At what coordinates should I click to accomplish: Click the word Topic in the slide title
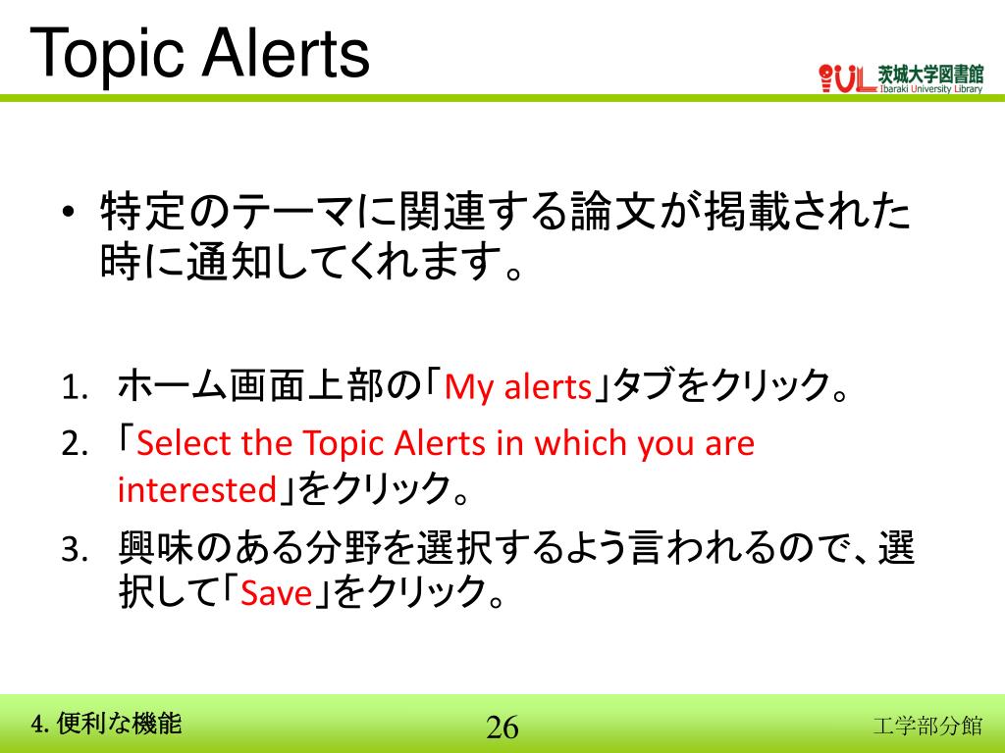tap(106, 54)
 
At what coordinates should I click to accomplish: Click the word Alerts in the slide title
tap(285, 54)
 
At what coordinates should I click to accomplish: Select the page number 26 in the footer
tap(502, 728)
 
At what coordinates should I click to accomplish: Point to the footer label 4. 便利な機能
tap(107, 725)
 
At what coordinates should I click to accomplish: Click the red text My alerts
tap(517, 389)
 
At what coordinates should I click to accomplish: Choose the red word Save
tap(276, 593)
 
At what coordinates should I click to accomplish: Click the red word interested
tap(196, 489)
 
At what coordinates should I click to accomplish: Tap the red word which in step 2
tap(580, 444)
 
